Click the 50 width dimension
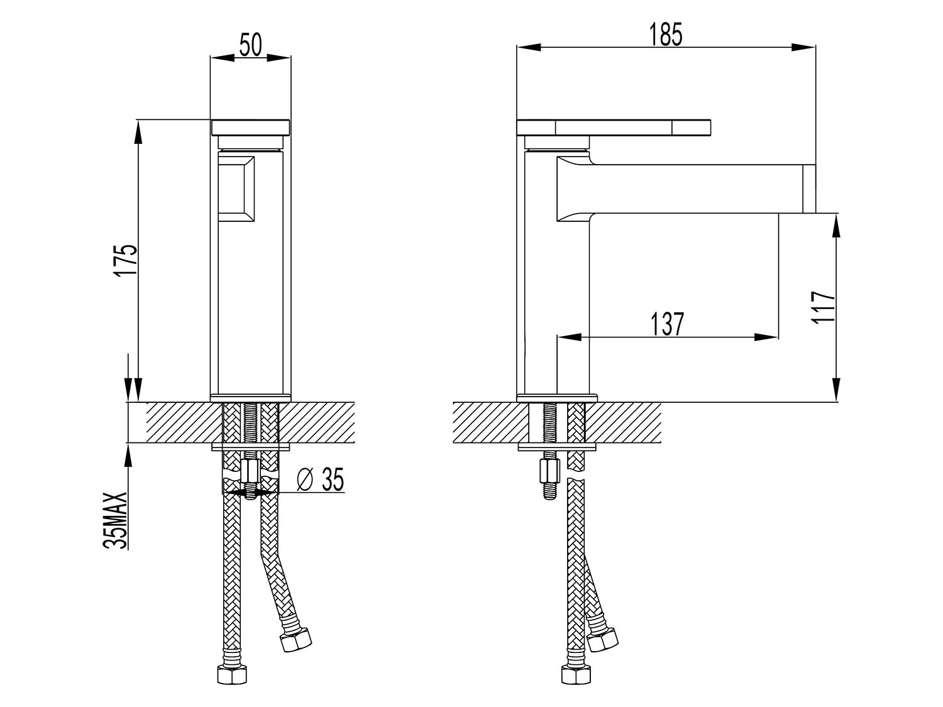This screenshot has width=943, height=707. (250, 45)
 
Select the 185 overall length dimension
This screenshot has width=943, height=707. (666, 35)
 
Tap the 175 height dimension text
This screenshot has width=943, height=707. (127, 261)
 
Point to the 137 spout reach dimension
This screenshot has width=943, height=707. (667, 324)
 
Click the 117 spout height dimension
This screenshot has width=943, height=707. (823, 307)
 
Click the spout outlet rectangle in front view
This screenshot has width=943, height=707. (236, 189)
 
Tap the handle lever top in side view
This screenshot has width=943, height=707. (614, 128)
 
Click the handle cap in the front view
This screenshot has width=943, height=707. (250, 128)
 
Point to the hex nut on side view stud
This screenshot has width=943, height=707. (549, 471)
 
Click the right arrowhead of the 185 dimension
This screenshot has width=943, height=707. (803, 47)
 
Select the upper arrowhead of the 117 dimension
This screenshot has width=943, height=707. (835, 226)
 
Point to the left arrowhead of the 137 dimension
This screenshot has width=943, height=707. (569, 337)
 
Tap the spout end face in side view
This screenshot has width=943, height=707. (809, 189)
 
